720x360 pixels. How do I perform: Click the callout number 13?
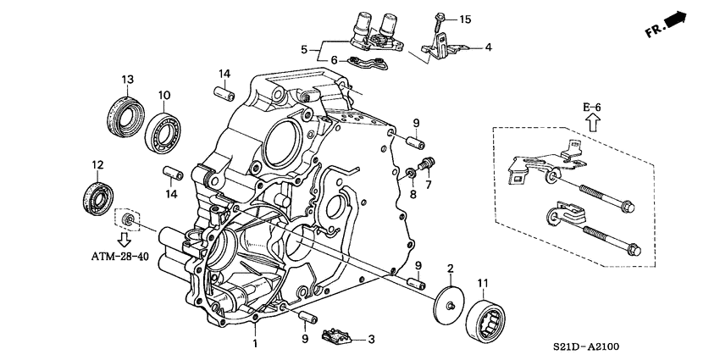point(127,80)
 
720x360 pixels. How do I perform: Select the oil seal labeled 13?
point(124,111)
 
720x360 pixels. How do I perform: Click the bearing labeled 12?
point(97,197)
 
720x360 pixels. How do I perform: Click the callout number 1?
point(253,343)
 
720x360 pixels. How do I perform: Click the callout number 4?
point(488,47)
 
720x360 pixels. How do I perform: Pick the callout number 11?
point(484,282)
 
